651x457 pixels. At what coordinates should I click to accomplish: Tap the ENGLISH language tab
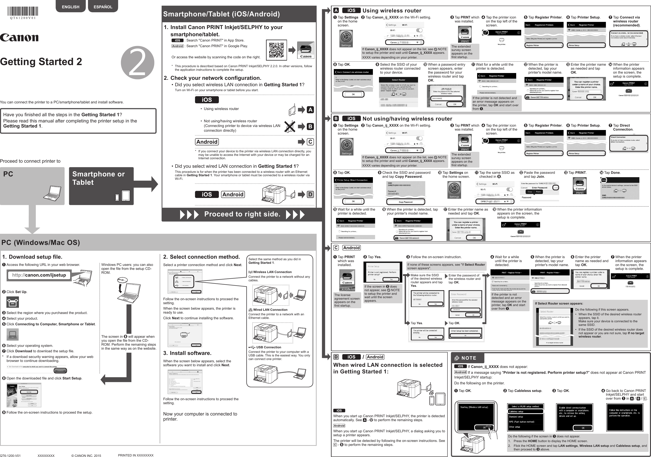tap(71, 7)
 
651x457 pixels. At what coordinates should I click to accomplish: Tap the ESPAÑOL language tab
tap(103, 7)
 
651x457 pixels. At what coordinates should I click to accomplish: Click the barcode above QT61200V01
tap(23, 11)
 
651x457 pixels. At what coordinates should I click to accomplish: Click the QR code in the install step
tap(276, 50)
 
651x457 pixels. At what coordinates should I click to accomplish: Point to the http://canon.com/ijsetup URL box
tap(39, 275)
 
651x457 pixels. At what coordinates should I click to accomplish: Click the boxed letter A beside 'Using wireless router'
tap(310, 110)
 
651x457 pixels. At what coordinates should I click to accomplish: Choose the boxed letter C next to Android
tap(310, 142)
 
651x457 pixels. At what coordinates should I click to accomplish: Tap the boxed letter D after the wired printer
tap(310, 194)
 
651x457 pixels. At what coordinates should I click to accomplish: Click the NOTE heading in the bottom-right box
tap(468, 358)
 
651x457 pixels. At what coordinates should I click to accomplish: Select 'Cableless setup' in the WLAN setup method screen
tap(516, 411)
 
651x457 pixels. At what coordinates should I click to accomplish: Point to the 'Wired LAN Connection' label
tap(270, 310)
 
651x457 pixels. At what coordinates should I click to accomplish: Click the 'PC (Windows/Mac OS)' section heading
tap(41, 242)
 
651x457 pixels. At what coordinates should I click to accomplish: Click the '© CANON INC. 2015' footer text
tap(86, 455)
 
